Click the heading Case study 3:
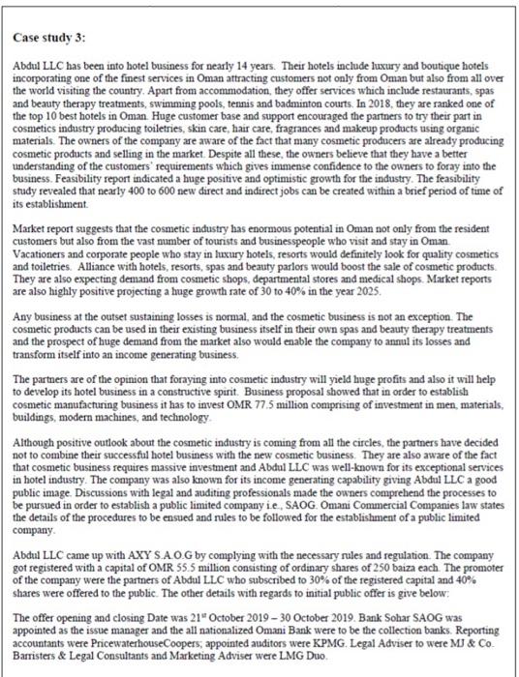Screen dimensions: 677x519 tap(49, 36)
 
